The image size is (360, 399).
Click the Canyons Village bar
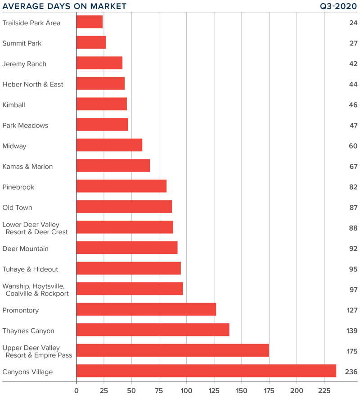point(206,371)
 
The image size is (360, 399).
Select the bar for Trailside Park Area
point(90,22)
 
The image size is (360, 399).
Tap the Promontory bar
point(146,309)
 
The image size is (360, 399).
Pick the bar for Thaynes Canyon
point(153,330)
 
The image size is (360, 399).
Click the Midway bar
point(109,145)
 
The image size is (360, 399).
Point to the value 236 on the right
point(351,372)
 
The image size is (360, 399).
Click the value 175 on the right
point(351,351)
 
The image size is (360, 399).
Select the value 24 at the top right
point(353,23)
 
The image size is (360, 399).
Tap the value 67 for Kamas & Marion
point(353,167)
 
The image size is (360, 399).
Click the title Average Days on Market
point(64,6)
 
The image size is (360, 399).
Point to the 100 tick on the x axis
point(186,390)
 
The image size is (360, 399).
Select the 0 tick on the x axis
point(76,390)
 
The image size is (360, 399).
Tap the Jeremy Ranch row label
point(24,64)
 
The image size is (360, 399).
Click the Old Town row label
point(17,208)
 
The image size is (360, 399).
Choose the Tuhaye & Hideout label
point(30,269)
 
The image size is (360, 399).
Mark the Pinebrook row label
point(18,187)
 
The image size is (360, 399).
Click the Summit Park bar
point(91,42)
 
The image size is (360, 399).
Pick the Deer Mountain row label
point(26,249)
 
